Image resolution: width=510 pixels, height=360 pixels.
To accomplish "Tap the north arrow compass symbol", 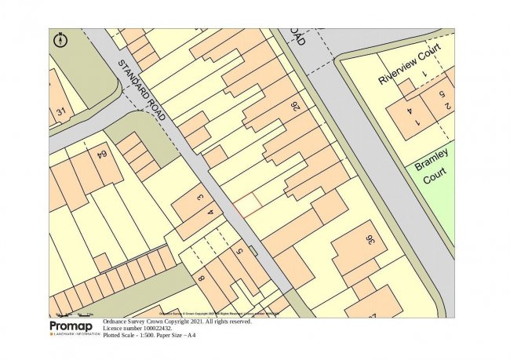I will (x=61, y=39).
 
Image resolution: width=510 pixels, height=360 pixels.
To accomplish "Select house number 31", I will (x=61, y=113).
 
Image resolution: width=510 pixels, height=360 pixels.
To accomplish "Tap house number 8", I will (x=201, y=277).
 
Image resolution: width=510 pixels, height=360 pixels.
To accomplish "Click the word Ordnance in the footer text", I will (x=120, y=322).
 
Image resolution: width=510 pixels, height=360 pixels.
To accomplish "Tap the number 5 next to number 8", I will (x=239, y=253).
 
